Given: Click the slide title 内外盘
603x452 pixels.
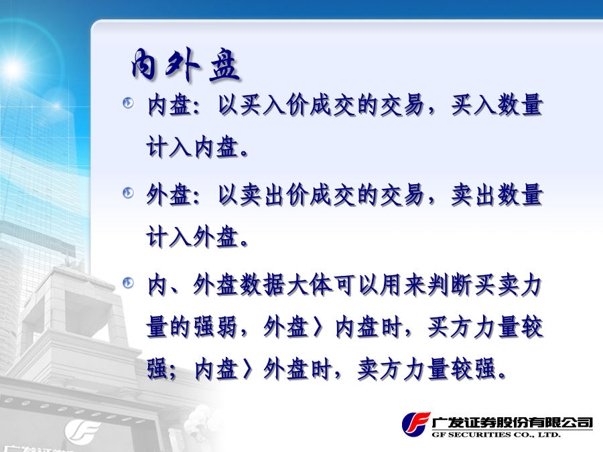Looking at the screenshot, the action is [185, 66].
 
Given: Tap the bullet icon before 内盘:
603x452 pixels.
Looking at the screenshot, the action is [128, 103].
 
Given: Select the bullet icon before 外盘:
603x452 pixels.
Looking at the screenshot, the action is [128, 193].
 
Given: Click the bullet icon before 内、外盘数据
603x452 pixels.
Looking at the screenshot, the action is [128, 283].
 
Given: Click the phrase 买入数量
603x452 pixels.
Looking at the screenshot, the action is [497, 104].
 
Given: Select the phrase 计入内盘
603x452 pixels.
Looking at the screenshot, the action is [192, 147].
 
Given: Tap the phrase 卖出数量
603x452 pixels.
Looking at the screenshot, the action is [497, 195].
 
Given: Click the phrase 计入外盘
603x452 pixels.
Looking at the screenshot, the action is [192, 237].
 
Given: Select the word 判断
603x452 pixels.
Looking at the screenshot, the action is [450, 285].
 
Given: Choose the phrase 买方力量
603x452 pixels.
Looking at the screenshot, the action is [474, 327].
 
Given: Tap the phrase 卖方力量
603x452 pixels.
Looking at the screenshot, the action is [403, 369].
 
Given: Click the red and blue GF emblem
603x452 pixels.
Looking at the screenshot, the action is [415, 425].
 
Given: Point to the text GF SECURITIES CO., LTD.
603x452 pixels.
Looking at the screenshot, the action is [496, 435].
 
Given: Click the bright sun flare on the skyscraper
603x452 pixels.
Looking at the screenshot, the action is [12, 69].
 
